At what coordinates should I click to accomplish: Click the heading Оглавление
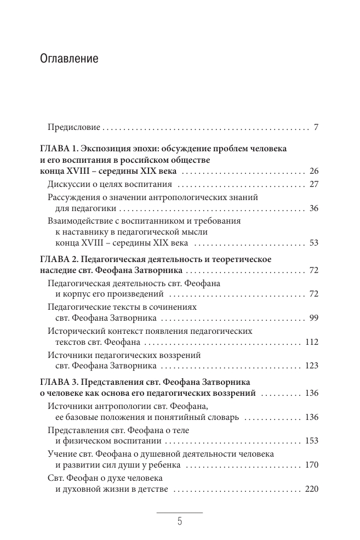coord(70,59)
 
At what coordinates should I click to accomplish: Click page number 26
coord(313,172)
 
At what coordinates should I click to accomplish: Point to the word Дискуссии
coord(67,184)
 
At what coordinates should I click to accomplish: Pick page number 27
coord(313,184)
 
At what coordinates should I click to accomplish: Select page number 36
coord(313,209)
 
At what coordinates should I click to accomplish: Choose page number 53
coord(313,243)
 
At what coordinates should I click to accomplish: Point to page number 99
coord(313,318)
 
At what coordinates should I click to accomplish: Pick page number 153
coord(311,441)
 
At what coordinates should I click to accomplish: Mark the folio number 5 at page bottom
coord(180,522)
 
